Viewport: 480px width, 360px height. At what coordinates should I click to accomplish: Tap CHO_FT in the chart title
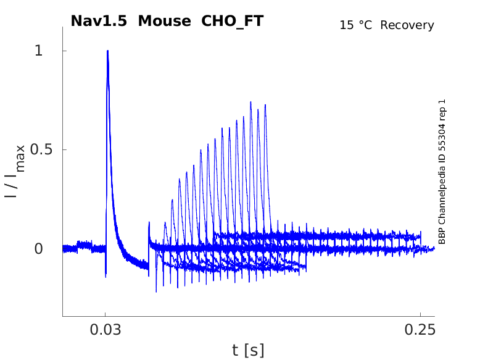click(233, 21)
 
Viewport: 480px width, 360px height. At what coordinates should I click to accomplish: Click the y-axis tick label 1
click(39, 51)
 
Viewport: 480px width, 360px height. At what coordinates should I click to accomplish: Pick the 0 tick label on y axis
click(39, 249)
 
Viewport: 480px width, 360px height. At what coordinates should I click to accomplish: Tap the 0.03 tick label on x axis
click(106, 330)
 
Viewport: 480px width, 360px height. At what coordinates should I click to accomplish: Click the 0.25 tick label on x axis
click(420, 330)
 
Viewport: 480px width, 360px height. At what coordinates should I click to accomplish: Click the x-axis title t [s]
click(248, 351)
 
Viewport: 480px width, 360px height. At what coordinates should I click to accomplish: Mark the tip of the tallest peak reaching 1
click(107, 51)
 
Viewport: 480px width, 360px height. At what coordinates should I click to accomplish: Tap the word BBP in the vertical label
click(442, 235)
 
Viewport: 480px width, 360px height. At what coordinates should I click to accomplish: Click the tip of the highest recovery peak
click(250, 102)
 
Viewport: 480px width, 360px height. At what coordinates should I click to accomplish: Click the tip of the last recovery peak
click(265, 105)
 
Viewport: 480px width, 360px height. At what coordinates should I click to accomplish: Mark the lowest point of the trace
click(156, 291)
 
